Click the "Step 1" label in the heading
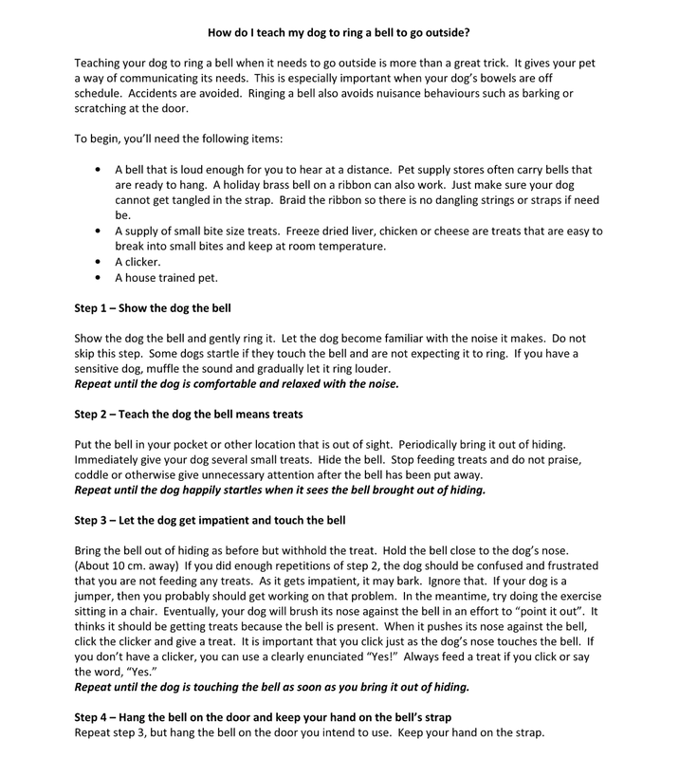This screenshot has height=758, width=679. [x=95, y=309]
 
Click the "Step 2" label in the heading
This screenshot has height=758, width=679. [x=95, y=414]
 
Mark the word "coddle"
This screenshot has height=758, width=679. [x=93, y=475]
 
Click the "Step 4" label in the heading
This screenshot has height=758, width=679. [x=95, y=720]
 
